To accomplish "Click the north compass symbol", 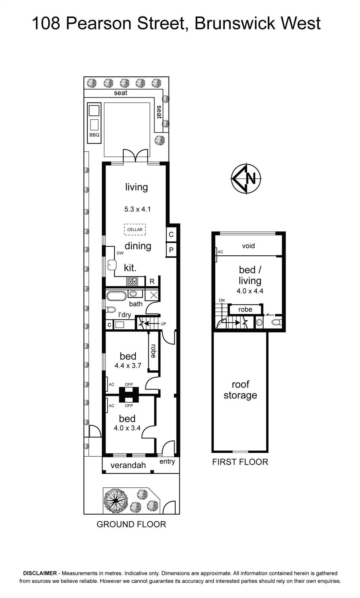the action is click(x=246, y=178).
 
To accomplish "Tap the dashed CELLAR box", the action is click(x=135, y=229).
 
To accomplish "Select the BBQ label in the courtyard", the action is click(x=94, y=135).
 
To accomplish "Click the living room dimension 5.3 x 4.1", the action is click(x=138, y=209).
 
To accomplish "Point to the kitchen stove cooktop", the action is click(x=132, y=281).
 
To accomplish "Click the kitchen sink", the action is click(x=112, y=265).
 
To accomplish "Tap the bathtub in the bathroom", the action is click(x=116, y=296).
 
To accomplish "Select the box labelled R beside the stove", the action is click(x=152, y=281).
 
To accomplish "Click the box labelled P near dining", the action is click(x=171, y=250).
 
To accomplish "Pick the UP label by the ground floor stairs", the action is click(x=163, y=324).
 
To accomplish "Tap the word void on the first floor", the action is click(x=248, y=246).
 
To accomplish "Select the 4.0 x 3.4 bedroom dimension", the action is click(x=127, y=428).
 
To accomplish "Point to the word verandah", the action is click(x=128, y=465).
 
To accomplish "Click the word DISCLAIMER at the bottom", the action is click(x=40, y=573).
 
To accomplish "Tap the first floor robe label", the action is click(x=245, y=309).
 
